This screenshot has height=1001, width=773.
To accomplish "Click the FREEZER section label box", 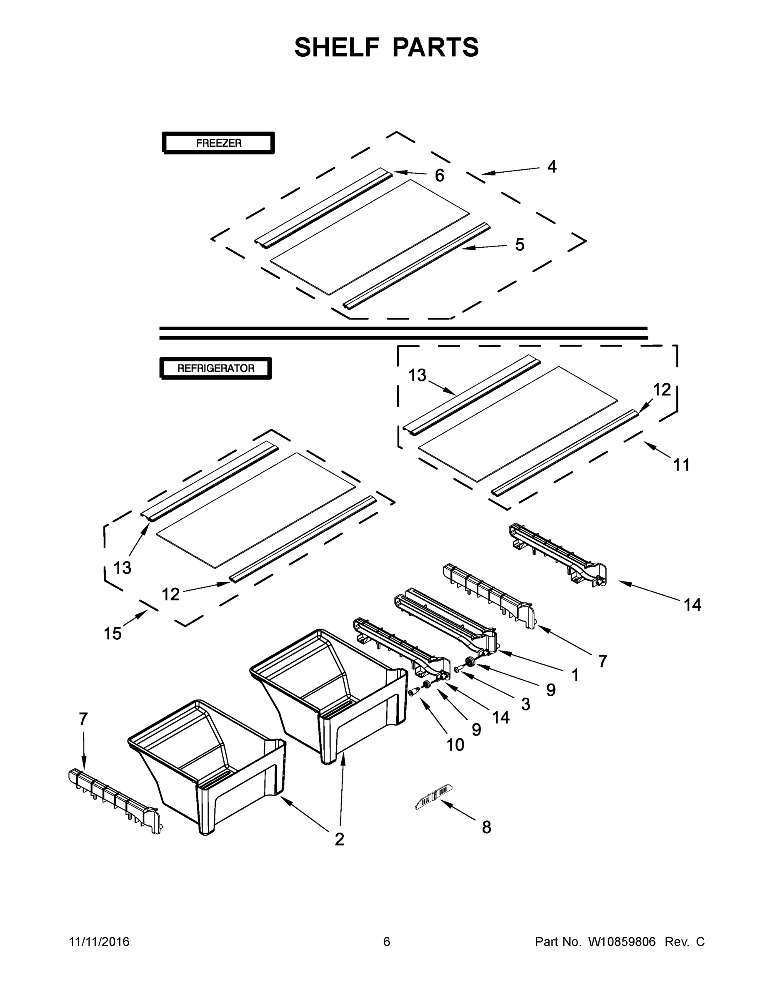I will [x=218, y=143].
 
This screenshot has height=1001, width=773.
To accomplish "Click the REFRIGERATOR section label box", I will [x=216, y=368].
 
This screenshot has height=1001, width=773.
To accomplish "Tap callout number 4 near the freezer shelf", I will [x=552, y=167].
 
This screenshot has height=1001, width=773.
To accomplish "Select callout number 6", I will [x=439, y=175].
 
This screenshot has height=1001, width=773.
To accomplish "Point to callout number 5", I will [x=519, y=245].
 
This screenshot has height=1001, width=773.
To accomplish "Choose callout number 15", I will [x=113, y=634].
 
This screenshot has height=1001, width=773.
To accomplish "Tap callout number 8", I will [x=486, y=827].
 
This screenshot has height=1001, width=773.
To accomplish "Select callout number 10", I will [x=455, y=745].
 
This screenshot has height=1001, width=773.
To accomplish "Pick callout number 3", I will [x=525, y=704].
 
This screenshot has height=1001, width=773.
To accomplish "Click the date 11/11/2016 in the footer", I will [x=99, y=942].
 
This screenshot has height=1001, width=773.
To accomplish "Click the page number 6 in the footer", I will [x=387, y=942].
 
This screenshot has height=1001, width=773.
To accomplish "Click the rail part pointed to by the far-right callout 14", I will [x=559, y=556].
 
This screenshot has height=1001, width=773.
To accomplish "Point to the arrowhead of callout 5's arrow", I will [x=463, y=248].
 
